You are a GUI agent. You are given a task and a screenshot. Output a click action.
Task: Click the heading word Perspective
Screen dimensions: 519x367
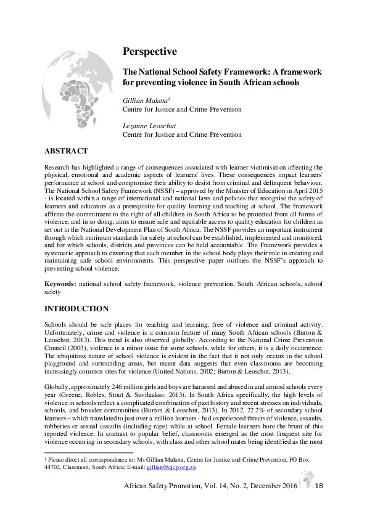[150, 51]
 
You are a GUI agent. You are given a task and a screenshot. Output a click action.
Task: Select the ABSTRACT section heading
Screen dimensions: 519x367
[66, 151]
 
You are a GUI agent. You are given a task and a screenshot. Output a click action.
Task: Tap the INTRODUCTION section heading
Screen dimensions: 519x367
[76, 309]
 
